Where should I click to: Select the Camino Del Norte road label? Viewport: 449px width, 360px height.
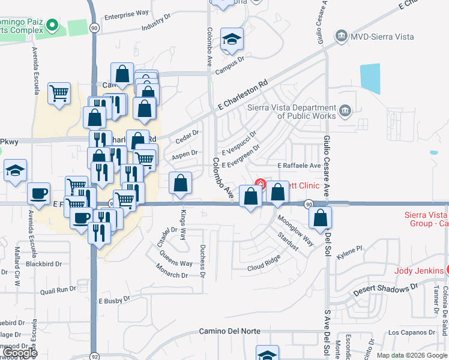tap(228, 332)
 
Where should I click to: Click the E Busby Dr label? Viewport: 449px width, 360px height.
tap(114, 300)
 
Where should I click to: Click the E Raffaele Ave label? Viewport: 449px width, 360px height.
tap(298, 166)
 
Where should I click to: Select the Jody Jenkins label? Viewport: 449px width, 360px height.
tap(418, 271)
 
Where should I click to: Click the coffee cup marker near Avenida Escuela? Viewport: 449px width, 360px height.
tap(39, 193)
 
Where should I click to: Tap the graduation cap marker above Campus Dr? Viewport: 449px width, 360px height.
tap(232, 39)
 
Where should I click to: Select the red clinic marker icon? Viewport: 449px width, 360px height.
tap(261, 183)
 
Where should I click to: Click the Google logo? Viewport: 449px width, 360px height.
tap(20, 353)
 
